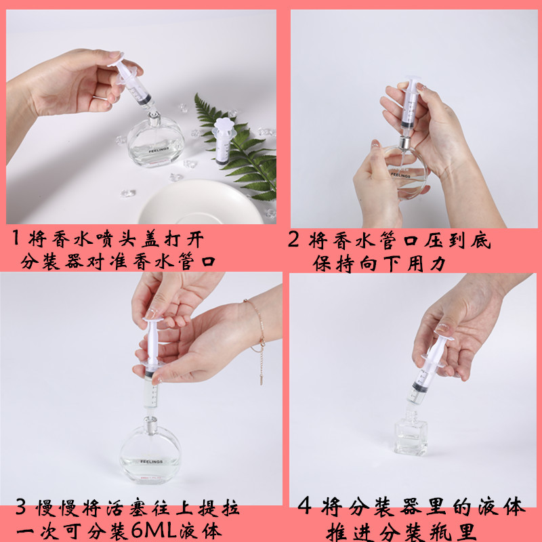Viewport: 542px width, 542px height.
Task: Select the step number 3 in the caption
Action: coord(22,509)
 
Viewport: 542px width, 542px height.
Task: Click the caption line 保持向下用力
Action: coord(379,263)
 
